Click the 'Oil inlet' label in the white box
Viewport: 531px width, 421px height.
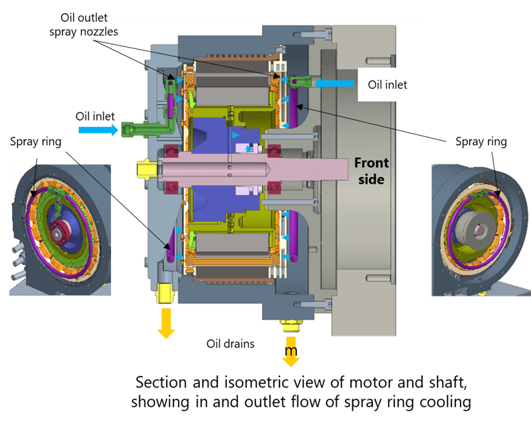point(388,84)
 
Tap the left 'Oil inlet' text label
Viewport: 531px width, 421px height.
point(94,116)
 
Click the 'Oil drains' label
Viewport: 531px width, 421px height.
point(230,344)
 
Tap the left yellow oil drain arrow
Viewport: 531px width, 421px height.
point(166,323)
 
